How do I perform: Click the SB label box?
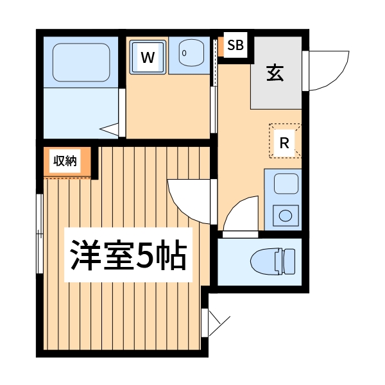pos(235,46)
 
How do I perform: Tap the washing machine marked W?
pos(148,58)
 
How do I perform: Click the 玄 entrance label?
pos(275,74)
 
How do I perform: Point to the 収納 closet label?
pos(65,162)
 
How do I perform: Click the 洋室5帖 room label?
pos(128,255)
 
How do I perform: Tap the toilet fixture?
pos(272,261)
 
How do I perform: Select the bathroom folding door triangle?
pos(112,128)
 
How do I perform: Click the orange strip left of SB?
pos(220,47)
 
